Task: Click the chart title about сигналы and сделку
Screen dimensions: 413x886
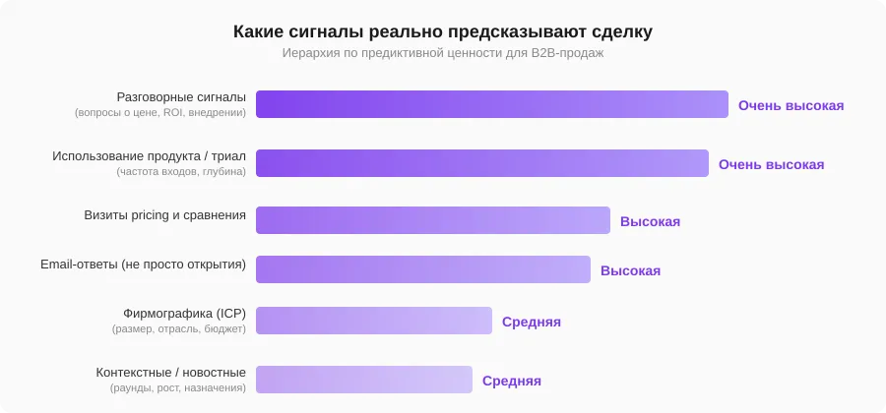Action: (443, 31)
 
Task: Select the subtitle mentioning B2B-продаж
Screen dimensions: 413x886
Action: (443, 53)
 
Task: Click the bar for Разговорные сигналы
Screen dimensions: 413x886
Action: (491, 104)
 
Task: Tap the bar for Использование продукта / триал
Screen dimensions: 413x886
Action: (481, 163)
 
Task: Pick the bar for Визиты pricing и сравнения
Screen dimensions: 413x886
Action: (432, 220)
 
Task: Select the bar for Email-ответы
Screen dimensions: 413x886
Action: (422, 269)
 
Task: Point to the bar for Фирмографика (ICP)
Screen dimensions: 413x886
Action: (373, 321)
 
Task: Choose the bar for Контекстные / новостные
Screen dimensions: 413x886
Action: (363, 380)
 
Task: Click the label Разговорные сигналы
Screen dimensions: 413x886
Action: (181, 96)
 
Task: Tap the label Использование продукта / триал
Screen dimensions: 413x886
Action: (149, 155)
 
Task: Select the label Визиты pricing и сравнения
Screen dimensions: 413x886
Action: (164, 214)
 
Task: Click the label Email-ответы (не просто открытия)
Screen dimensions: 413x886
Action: (143, 264)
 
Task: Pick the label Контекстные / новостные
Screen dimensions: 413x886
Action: (170, 372)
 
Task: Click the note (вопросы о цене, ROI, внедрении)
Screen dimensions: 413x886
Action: (160, 112)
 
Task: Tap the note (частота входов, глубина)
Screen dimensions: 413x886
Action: (181, 171)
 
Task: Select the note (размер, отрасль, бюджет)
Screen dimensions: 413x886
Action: (178, 328)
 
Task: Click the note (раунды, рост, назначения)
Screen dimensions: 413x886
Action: (178, 387)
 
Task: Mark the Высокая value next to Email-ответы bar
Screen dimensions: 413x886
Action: (630, 270)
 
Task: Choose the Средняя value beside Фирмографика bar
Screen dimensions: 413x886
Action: (531, 322)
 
